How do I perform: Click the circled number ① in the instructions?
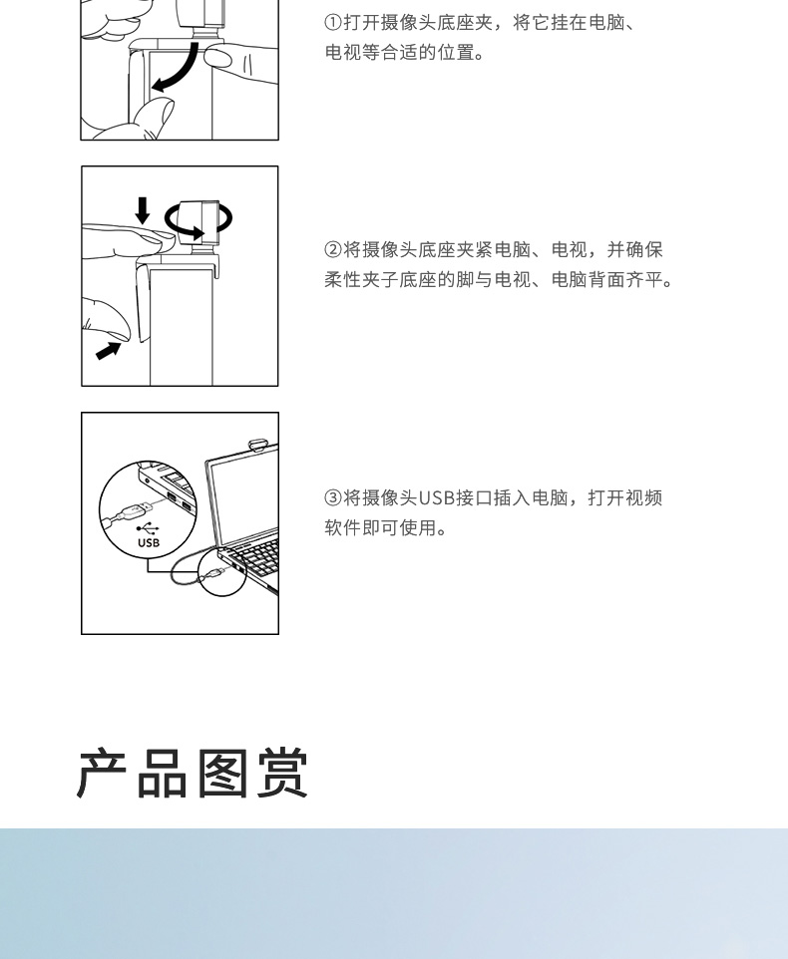[x=333, y=23]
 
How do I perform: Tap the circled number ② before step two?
[x=333, y=249]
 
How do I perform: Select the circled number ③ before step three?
[x=333, y=497]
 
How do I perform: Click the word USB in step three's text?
[x=437, y=497]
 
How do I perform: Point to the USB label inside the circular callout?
[x=149, y=542]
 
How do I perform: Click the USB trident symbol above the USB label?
[x=148, y=528]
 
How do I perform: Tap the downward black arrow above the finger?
[x=143, y=210]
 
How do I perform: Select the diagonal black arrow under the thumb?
[x=109, y=351]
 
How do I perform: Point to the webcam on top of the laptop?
[x=258, y=445]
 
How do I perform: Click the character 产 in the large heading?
[x=102, y=774]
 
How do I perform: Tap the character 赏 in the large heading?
[x=282, y=774]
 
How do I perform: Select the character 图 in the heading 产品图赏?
[x=222, y=774]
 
